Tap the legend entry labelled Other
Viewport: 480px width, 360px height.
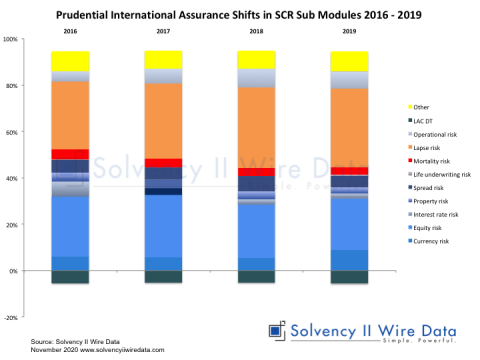pyautogui.click(x=424, y=105)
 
